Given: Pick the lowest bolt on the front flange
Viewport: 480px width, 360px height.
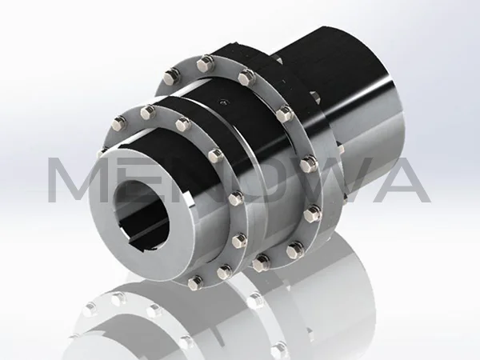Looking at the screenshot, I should pyautogui.click(x=195, y=282).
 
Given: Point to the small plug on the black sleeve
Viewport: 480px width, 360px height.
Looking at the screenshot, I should pyautogui.click(x=222, y=102).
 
